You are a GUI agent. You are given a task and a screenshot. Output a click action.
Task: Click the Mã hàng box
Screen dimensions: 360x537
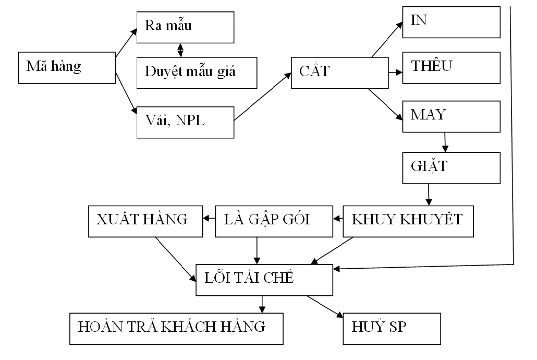67,68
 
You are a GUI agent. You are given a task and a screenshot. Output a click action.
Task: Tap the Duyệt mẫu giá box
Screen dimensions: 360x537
197,71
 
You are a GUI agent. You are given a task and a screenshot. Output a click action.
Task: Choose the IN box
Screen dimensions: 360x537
451,22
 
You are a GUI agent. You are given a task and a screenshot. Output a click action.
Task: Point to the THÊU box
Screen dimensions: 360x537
451,68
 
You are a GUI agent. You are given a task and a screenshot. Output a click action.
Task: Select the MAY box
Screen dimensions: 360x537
451,116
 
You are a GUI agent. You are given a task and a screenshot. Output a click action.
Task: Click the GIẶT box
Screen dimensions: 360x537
451,168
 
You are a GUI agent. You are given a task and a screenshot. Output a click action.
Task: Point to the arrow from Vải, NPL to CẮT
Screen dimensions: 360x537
262,98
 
